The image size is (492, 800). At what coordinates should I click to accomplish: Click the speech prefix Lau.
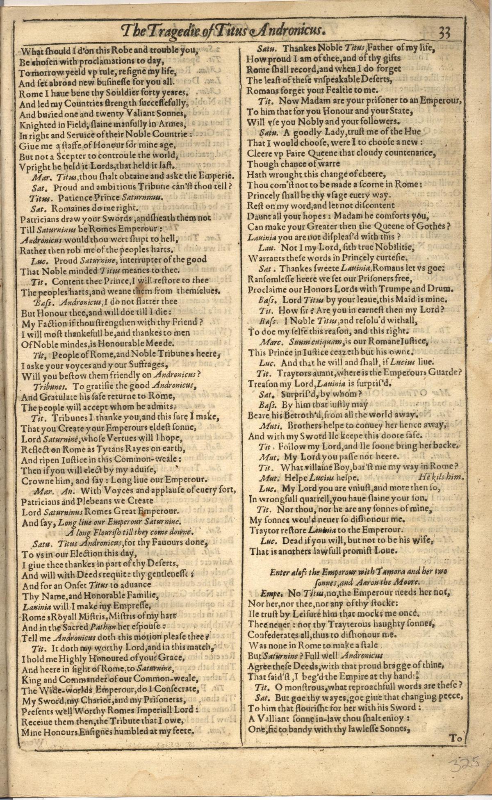(266, 248)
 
